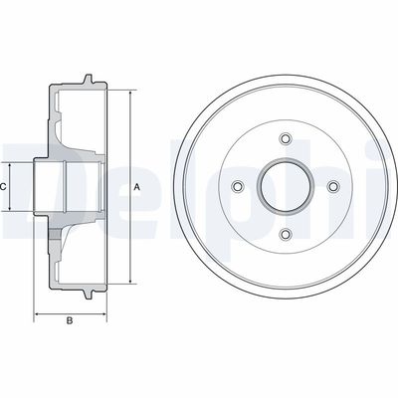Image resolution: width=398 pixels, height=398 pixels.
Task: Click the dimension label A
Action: click(137, 187)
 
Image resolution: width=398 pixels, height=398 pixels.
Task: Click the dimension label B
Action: click(70, 320)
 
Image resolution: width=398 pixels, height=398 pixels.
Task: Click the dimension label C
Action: click(3, 187)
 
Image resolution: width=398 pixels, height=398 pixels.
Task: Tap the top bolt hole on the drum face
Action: click(286, 138)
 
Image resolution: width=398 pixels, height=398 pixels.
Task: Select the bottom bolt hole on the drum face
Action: click(286, 235)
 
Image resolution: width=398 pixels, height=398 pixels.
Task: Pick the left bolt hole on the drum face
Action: click(238, 186)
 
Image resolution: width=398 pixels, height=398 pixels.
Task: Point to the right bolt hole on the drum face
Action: click(333, 186)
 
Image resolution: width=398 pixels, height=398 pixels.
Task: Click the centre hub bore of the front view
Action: click(286, 186)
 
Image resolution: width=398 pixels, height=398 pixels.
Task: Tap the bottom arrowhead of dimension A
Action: click(130, 281)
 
